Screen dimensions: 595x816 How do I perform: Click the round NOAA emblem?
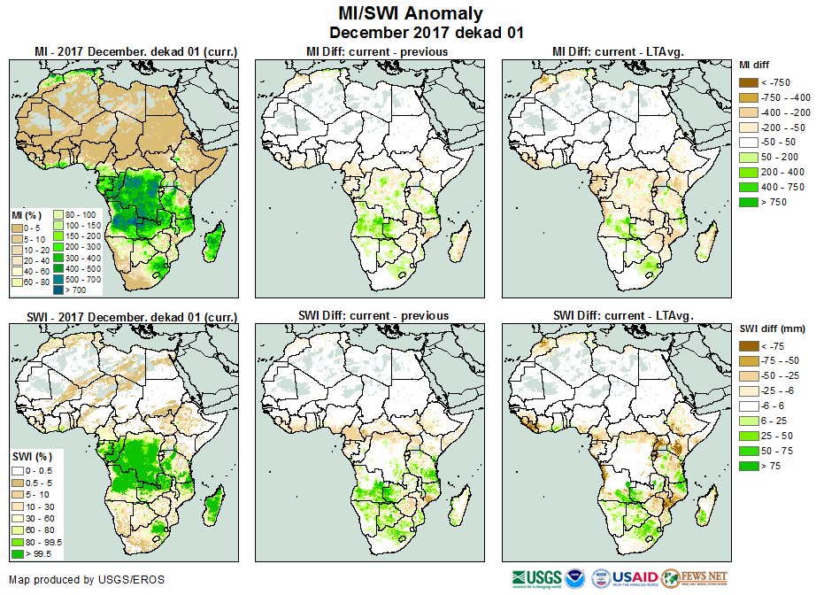click(575, 579)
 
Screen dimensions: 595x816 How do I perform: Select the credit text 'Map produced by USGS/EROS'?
click(87, 580)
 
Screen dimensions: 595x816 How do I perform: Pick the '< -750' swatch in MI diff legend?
click(747, 82)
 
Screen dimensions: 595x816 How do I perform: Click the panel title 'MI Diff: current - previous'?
click(376, 52)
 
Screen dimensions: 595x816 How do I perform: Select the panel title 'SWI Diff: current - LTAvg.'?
click(622, 315)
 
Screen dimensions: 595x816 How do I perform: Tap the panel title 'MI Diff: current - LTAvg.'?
click(621, 52)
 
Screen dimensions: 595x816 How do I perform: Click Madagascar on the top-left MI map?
click(213, 242)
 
